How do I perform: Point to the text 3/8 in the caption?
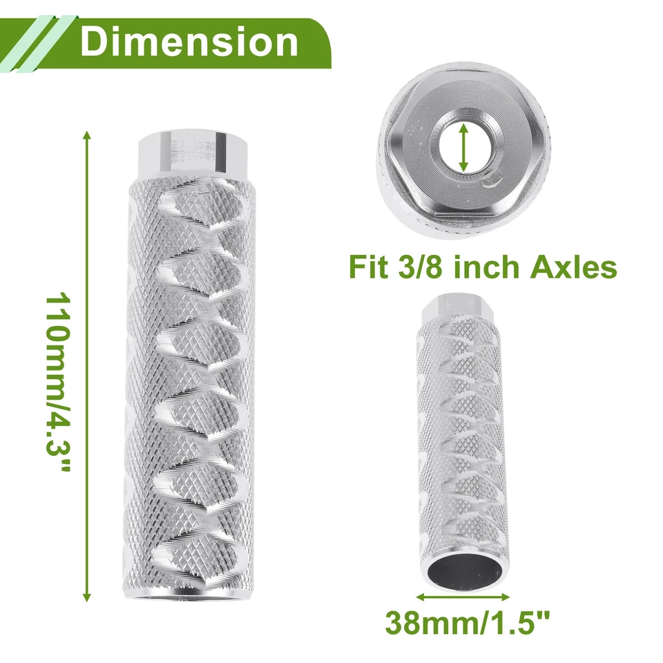419,267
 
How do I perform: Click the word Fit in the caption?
369,267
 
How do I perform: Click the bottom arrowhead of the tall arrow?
87,598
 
